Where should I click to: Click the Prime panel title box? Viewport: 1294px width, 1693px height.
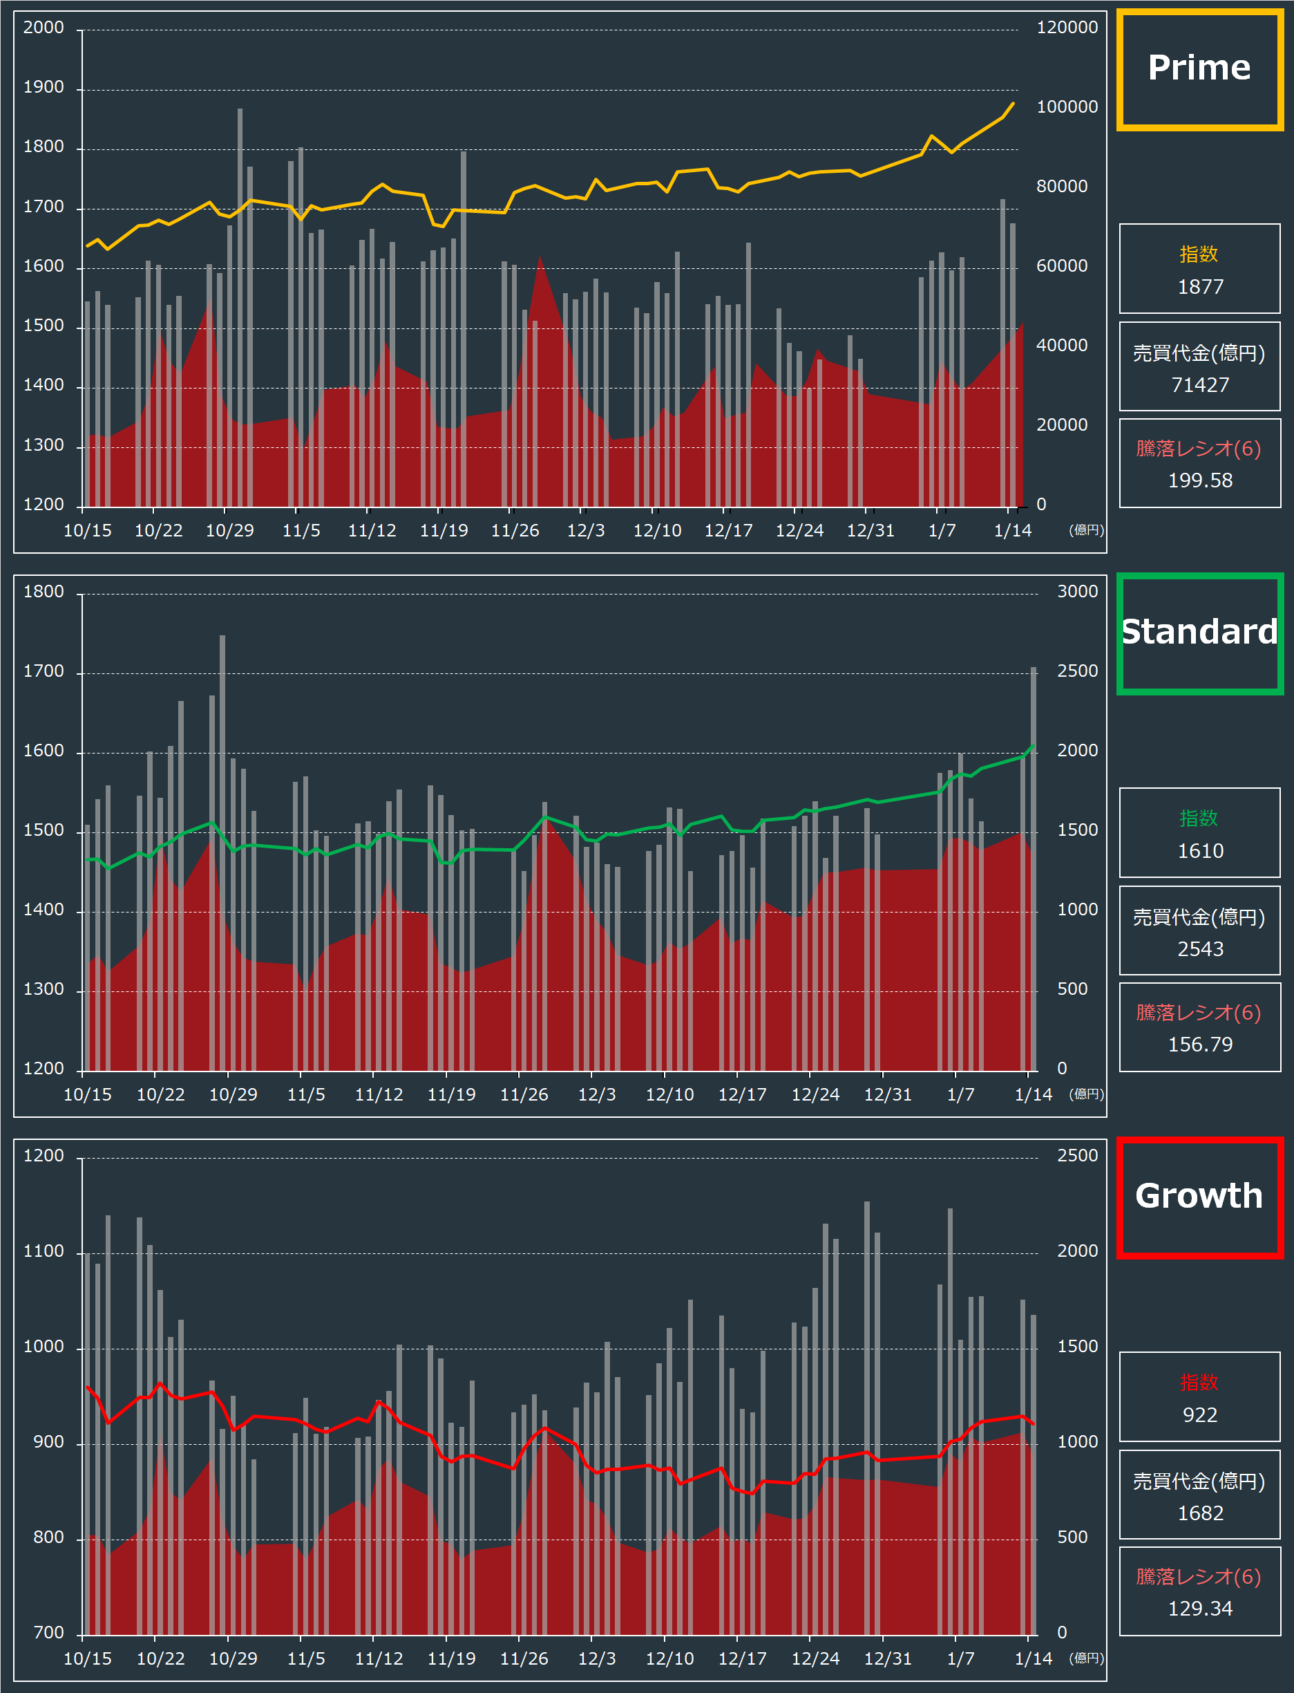click(1199, 69)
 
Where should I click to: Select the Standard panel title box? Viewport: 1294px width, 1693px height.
click(1199, 633)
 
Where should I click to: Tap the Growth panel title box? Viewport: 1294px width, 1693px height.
click(1199, 1197)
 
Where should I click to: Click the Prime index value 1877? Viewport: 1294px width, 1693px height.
click(1200, 288)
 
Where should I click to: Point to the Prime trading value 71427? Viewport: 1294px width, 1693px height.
click(1200, 385)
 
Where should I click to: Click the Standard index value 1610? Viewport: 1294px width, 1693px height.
click(1200, 852)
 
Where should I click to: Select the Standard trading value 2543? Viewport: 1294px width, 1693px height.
click(1200, 949)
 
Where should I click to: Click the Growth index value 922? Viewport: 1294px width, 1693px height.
click(1200, 1416)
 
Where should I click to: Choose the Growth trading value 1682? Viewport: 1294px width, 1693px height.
click(1200, 1513)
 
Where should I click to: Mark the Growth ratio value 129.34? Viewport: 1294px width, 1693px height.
click(1200, 1609)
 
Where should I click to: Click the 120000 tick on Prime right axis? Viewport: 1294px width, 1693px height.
click(1067, 28)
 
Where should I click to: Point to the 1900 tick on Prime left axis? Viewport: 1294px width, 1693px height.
click(44, 88)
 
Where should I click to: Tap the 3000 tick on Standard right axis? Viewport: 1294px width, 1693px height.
click(1077, 592)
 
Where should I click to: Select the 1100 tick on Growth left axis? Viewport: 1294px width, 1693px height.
click(44, 1251)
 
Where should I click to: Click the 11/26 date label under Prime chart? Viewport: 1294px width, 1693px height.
click(515, 531)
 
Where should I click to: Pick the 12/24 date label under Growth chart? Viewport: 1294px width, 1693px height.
click(815, 1659)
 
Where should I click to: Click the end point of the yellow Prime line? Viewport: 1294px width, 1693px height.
click(1013, 103)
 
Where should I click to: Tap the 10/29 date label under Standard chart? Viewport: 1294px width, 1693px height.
click(234, 1095)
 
